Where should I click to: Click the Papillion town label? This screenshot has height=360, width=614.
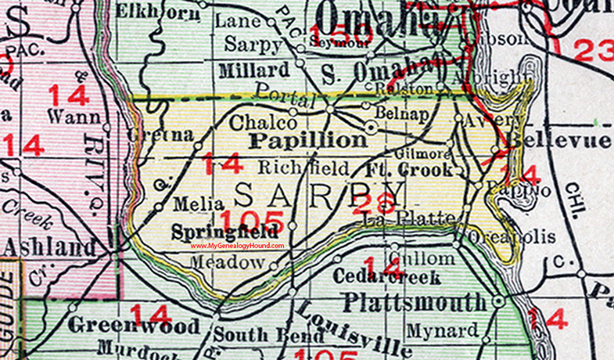pos(308,140)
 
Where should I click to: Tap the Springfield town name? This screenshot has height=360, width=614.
pos(225,232)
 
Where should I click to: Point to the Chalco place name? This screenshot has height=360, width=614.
pos(263,123)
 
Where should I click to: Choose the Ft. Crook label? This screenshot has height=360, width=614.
pos(409,169)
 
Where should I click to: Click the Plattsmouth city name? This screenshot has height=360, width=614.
pos(415,301)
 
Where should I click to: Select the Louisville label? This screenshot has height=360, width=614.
pos(355,328)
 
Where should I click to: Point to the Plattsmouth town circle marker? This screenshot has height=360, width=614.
pos(498,301)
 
